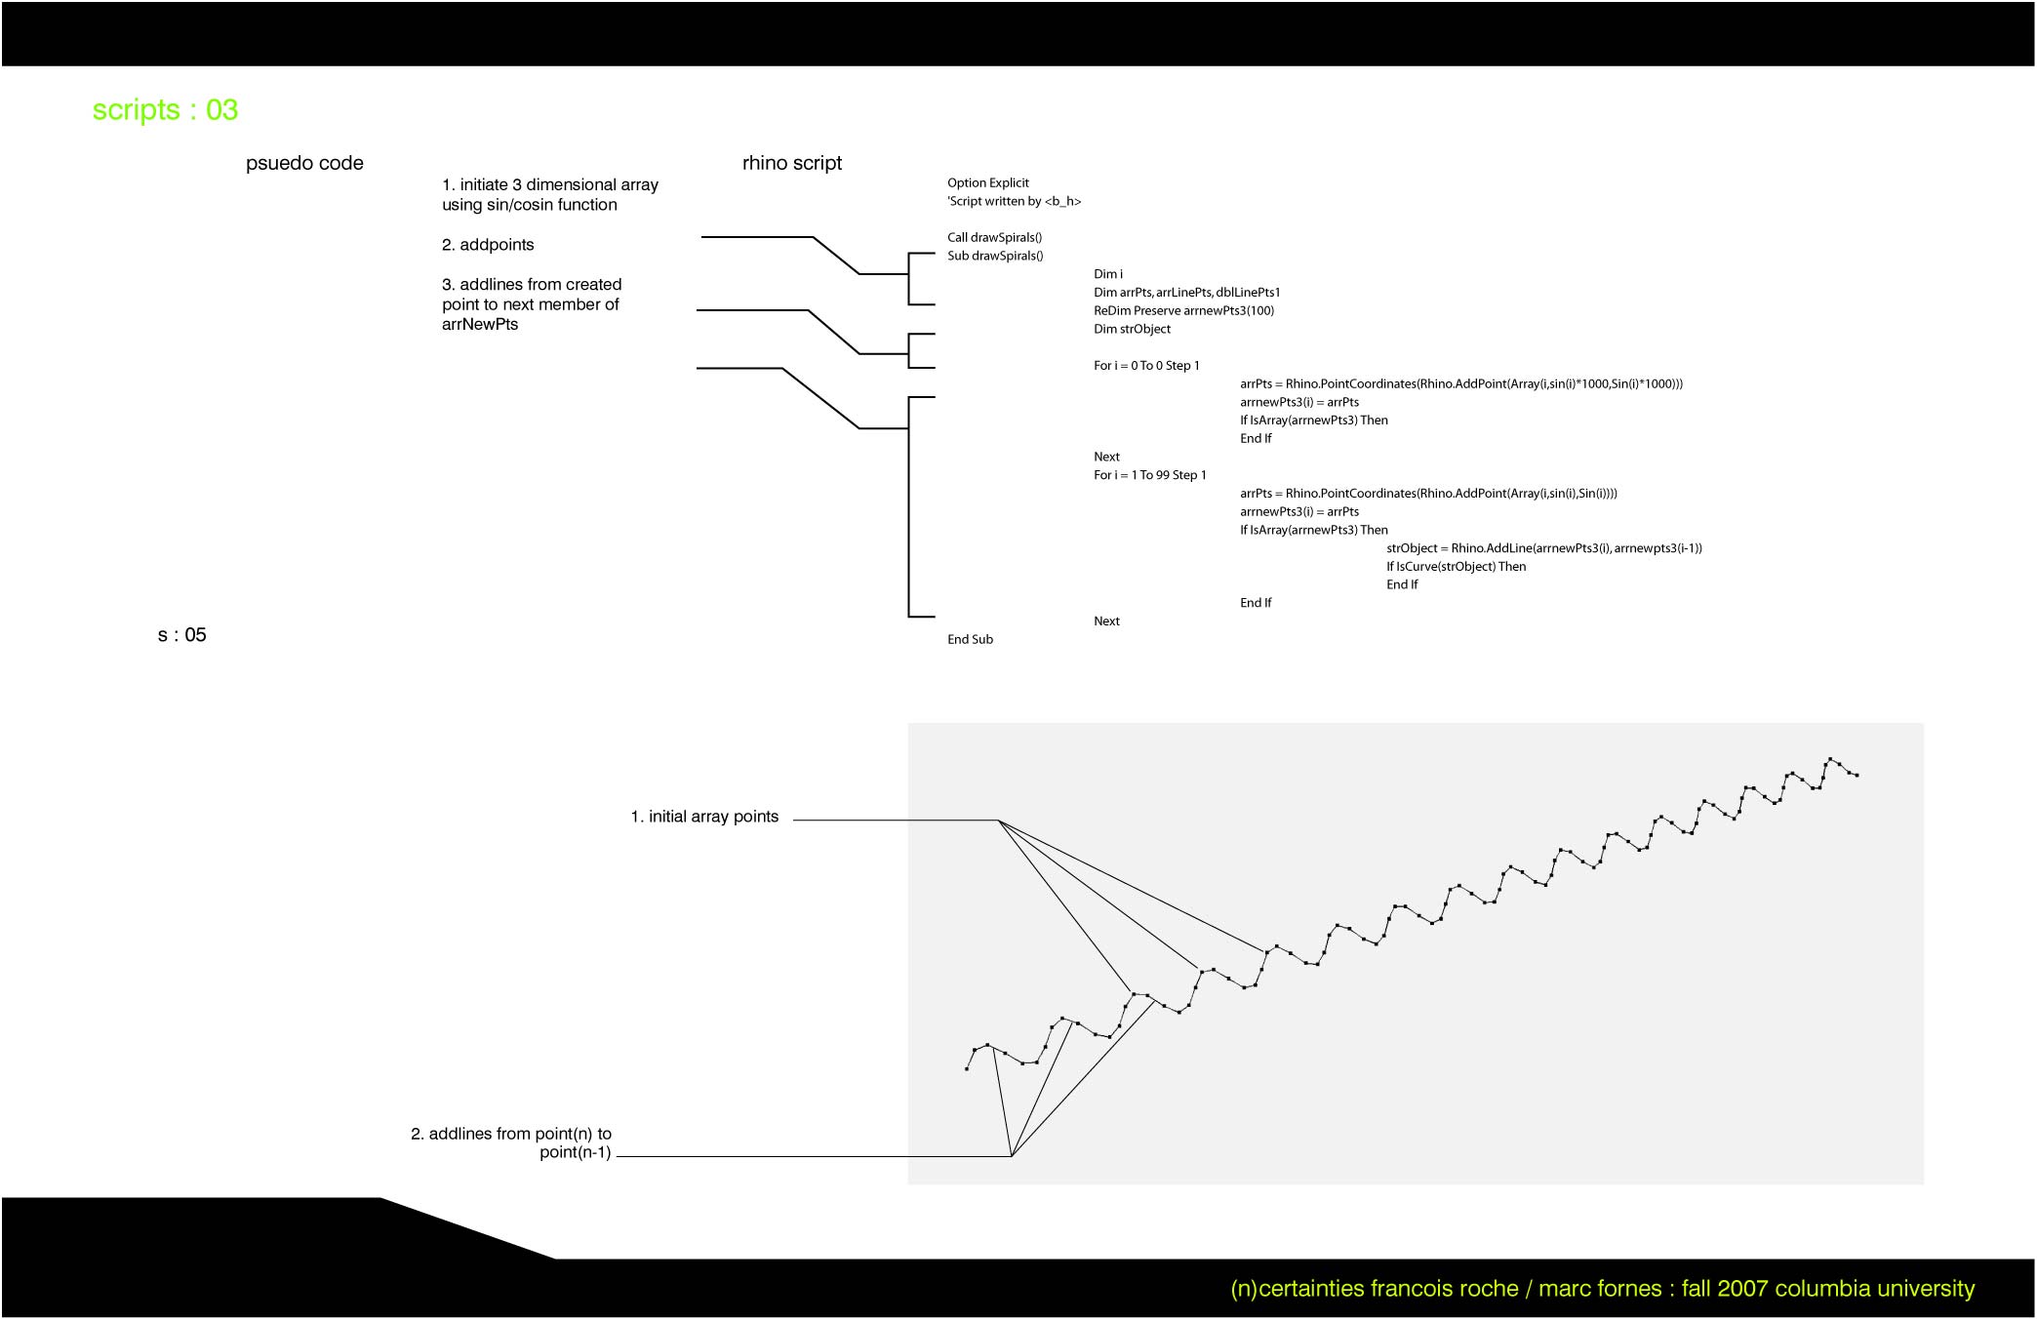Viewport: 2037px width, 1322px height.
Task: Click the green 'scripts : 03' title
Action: point(165,110)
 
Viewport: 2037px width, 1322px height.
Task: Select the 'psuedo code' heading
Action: point(304,163)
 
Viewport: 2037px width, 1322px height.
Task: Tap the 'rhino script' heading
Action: point(792,163)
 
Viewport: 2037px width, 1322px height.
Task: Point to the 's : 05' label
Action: point(182,635)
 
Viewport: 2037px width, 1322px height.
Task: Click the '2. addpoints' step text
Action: point(488,245)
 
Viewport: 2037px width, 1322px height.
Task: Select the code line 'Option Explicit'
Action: point(988,183)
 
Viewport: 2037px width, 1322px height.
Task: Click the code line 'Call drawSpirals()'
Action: point(995,237)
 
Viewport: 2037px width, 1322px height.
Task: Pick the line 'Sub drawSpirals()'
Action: point(995,256)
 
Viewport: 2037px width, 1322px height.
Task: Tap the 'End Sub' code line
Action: point(971,639)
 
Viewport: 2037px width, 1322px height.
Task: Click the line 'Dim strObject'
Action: point(1133,329)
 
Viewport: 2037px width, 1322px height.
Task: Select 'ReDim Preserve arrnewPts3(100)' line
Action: point(1184,310)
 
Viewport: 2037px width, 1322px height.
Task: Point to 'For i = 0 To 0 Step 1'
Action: point(1147,366)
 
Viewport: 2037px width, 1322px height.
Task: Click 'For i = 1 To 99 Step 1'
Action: point(1150,475)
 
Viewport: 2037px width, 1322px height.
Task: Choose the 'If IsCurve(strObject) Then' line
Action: point(1457,567)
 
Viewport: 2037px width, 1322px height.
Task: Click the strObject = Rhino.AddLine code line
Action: point(1544,548)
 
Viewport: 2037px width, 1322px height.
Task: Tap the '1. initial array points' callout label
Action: point(704,817)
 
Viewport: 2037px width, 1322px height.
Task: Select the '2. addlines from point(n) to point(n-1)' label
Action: point(511,1142)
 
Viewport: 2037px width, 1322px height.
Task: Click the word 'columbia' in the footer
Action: point(1819,1289)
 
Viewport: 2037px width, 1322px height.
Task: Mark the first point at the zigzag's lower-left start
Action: point(967,1069)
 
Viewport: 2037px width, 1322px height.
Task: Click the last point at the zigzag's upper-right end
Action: point(1857,776)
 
